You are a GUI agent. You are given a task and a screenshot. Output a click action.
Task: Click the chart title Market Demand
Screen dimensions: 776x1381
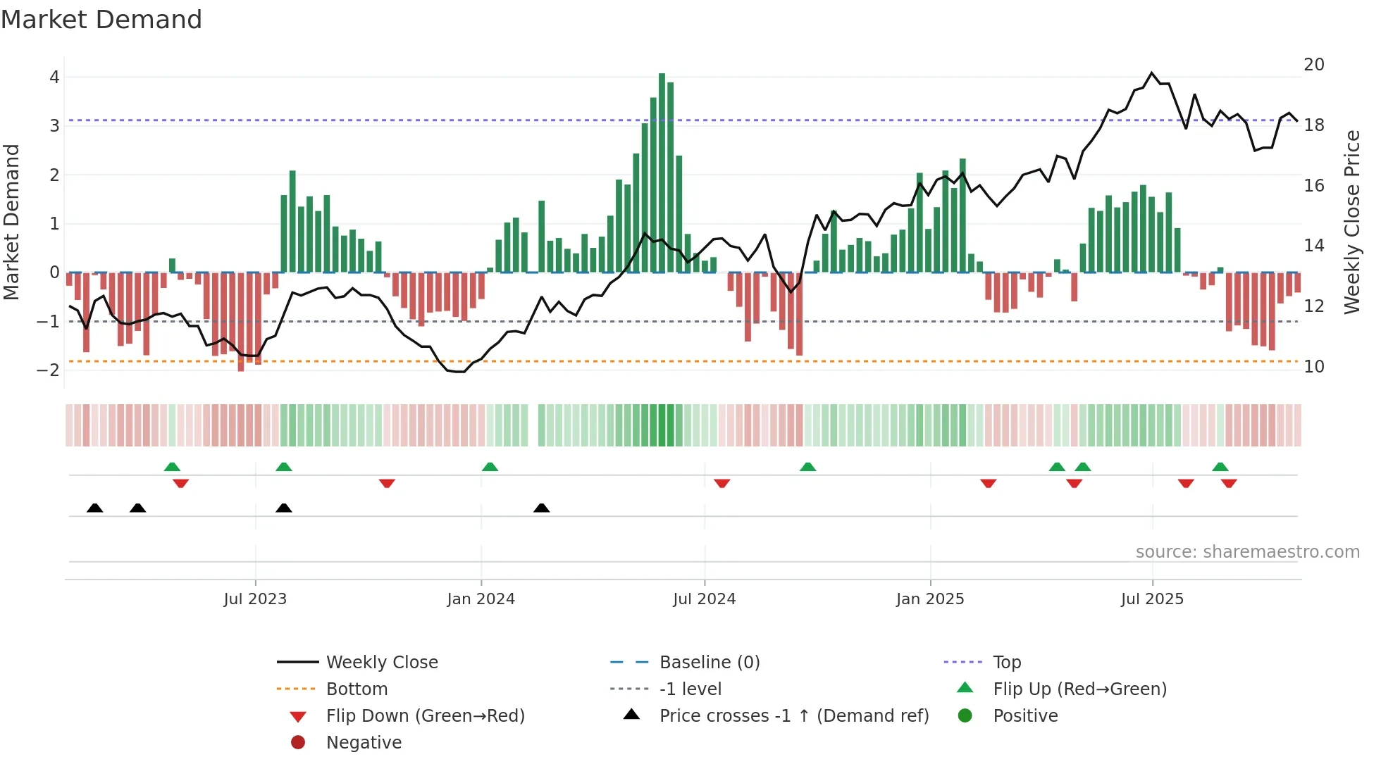(x=101, y=19)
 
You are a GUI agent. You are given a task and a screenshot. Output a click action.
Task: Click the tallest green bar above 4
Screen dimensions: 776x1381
(x=662, y=173)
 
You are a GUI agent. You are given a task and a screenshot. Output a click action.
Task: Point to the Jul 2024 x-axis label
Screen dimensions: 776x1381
(x=704, y=599)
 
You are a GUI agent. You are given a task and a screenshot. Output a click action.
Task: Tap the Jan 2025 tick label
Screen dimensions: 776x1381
(x=929, y=599)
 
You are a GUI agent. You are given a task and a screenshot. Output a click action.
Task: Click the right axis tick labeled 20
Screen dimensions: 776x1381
(x=1313, y=65)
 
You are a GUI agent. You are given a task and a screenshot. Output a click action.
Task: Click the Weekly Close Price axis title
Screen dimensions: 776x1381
(x=1351, y=222)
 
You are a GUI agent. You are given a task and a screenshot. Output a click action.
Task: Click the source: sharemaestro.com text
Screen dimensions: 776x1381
(x=1247, y=551)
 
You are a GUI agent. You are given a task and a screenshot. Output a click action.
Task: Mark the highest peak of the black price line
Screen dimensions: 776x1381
(x=1152, y=73)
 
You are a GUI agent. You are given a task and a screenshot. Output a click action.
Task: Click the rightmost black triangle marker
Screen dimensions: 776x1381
(x=541, y=508)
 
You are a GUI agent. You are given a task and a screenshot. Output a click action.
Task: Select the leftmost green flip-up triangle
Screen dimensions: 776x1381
(x=172, y=467)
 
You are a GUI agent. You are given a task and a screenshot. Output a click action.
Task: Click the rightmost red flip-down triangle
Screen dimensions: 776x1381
(x=1229, y=483)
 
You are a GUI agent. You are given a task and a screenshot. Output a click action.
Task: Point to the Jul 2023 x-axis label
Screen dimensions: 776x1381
(x=255, y=599)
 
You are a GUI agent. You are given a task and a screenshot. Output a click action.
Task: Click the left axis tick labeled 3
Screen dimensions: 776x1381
(x=54, y=126)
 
